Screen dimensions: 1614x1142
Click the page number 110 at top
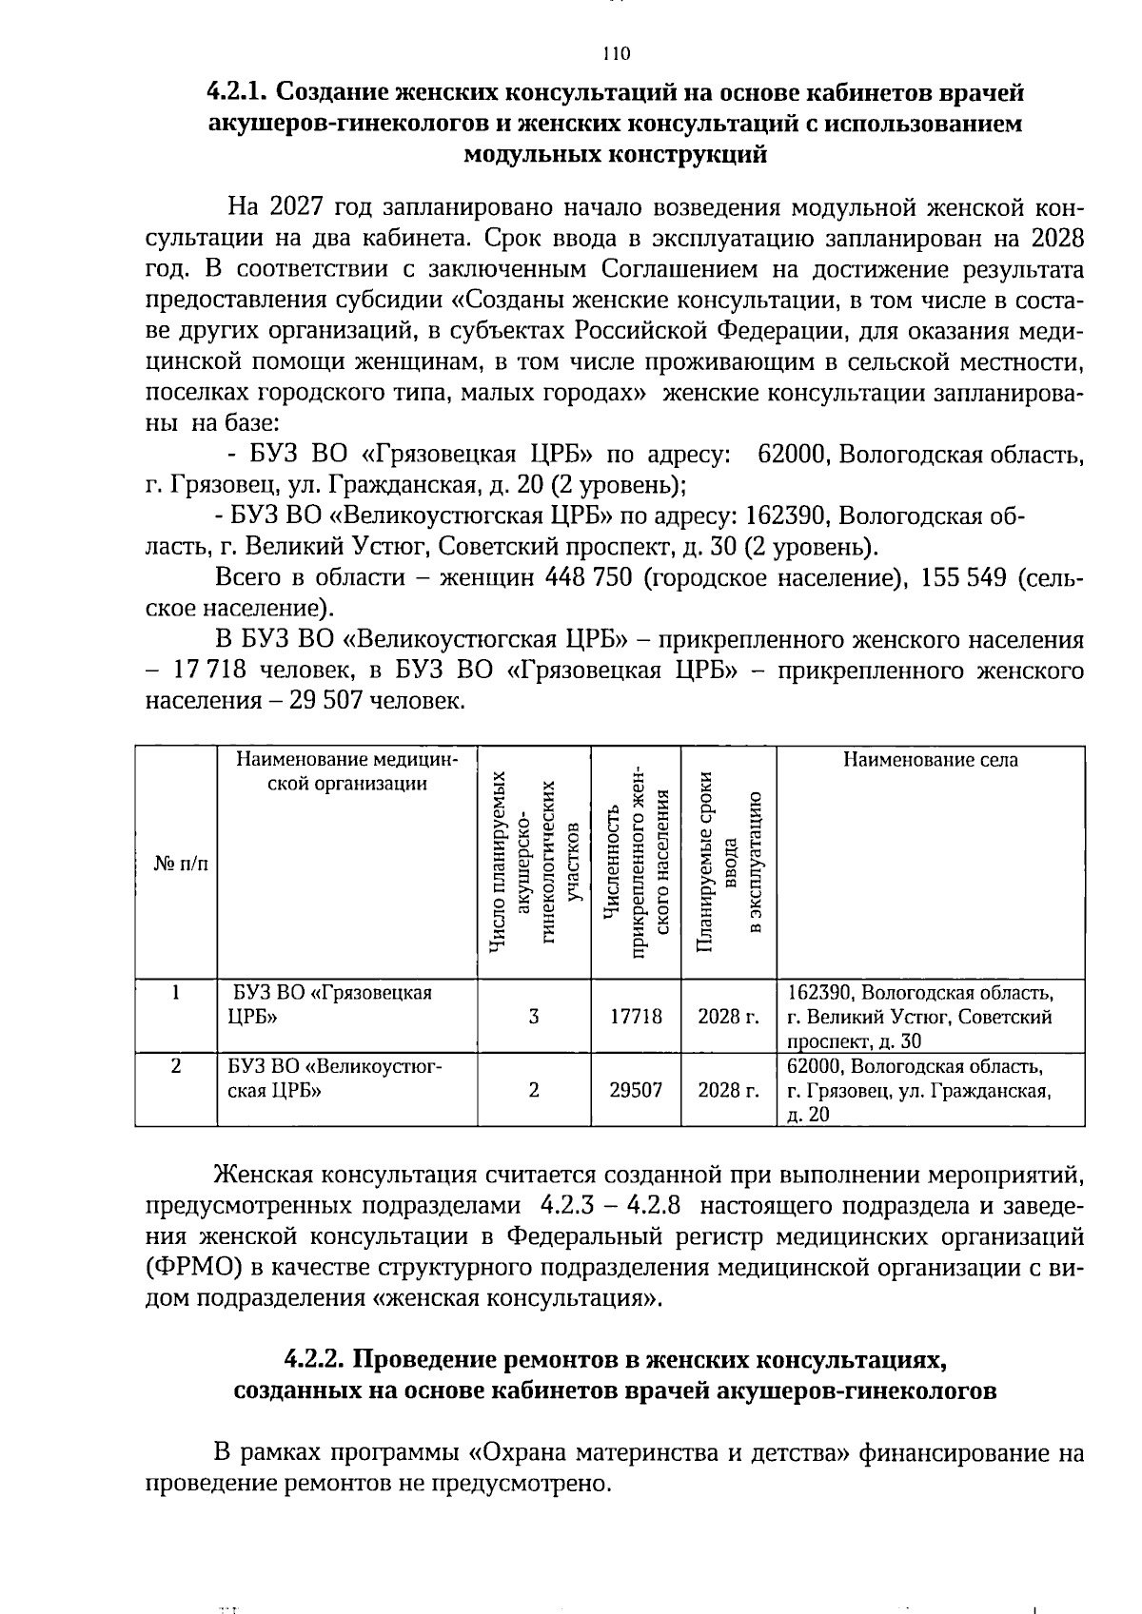tap(616, 53)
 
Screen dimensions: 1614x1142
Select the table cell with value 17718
tap(635, 1017)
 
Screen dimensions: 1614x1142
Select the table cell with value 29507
tap(635, 1090)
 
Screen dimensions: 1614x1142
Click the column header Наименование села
tap(930, 760)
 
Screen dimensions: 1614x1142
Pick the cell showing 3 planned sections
tap(534, 1017)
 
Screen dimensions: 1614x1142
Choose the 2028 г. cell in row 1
tap(728, 1017)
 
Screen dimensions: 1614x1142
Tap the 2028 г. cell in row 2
tap(728, 1090)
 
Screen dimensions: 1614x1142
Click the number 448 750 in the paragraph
tap(587, 578)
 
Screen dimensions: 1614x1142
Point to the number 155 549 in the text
tap(959, 578)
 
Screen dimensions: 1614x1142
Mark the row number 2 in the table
tap(176, 1067)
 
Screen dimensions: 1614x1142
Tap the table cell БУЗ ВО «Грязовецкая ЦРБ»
tap(328, 1004)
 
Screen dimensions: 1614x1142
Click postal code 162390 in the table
tap(818, 993)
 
